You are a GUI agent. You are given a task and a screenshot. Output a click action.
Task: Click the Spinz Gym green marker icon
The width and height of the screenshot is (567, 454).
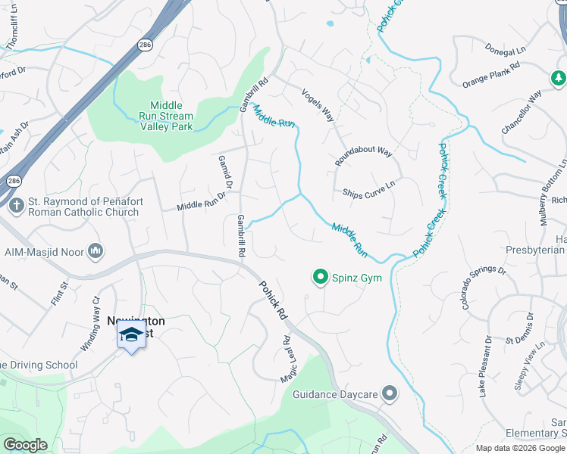pyautogui.click(x=320, y=278)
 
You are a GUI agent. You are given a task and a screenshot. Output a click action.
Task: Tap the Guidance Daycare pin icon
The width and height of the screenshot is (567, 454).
pyautogui.click(x=390, y=393)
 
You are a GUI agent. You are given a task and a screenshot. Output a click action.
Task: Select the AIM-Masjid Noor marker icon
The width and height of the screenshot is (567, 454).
pyautogui.click(x=96, y=250)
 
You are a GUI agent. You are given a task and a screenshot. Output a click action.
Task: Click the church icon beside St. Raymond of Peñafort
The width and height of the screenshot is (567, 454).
pyautogui.click(x=15, y=205)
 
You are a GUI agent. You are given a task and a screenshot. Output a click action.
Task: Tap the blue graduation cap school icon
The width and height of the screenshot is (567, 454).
pyautogui.click(x=131, y=335)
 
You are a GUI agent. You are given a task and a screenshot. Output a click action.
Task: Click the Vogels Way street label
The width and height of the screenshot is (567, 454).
pyautogui.click(x=318, y=104)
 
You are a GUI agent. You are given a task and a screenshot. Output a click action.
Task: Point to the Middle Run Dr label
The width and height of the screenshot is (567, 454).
pyautogui.click(x=202, y=201)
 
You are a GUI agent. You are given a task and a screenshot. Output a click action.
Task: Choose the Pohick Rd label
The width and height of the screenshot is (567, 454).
pyautogui.click(x=273, y=299)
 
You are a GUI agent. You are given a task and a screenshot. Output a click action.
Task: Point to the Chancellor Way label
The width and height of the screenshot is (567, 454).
pyautogui.click(x=522, y=113)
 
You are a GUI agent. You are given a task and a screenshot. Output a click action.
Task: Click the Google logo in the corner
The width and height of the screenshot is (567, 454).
pyautogui.click(x=26, y=444)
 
